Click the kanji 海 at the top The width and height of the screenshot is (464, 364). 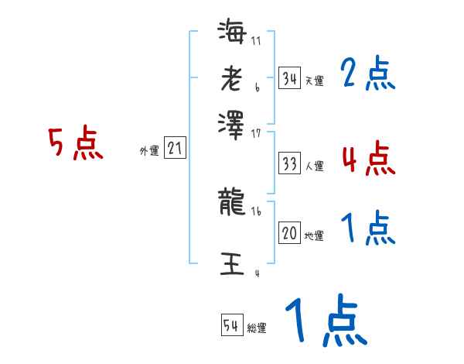coord(231,33)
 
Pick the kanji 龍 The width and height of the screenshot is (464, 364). coord(231,203)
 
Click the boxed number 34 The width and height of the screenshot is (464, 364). coord(289,78)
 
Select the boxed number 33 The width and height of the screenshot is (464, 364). coord(289,163)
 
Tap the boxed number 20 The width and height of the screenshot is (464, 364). coord(289,233)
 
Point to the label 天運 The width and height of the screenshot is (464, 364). coord(314,81)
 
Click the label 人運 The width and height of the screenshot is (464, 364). coord(314,166)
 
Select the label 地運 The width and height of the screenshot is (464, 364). coord(314,235)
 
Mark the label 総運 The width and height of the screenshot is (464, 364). coord(257,328)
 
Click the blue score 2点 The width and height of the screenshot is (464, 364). coord(367,75)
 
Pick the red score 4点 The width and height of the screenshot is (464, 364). coord(367,159)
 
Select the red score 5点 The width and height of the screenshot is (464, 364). coord(75,144)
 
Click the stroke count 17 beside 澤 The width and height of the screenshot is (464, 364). coord(258,133)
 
